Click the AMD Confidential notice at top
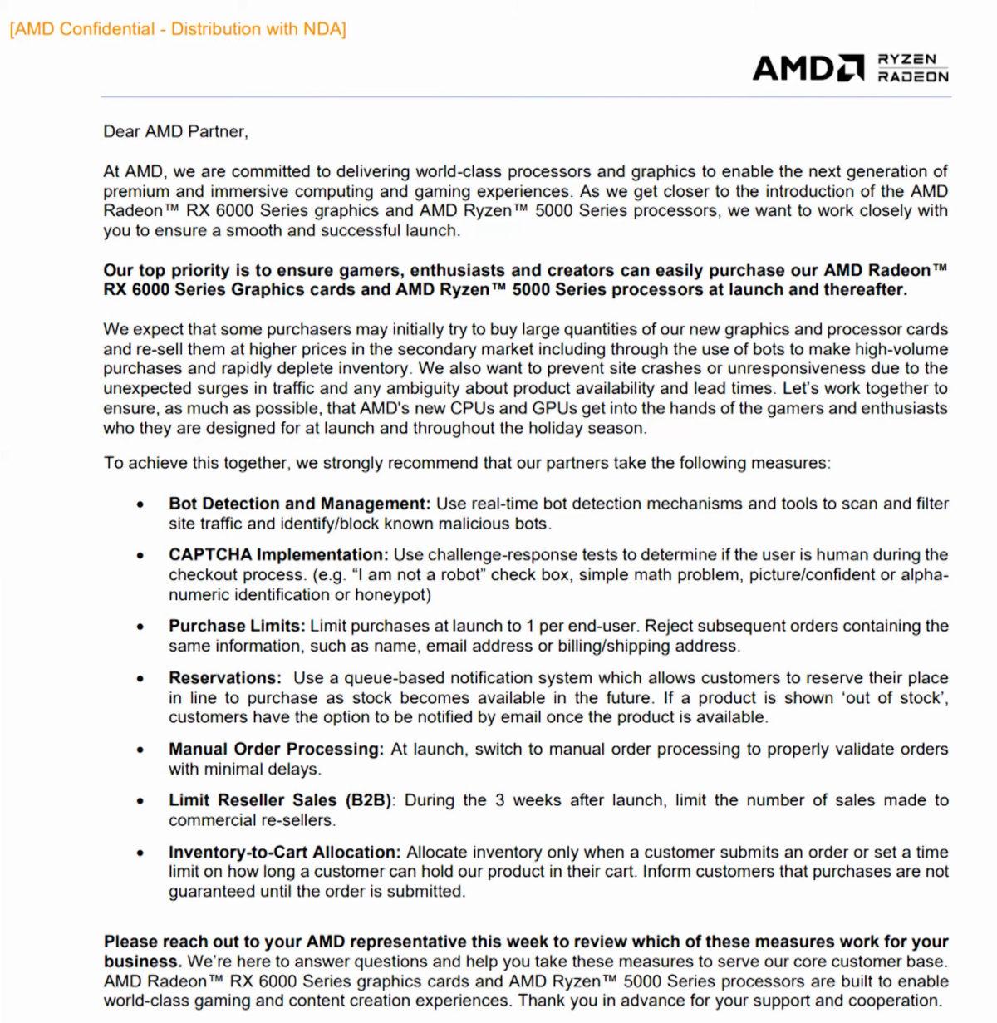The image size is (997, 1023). pos(177,29)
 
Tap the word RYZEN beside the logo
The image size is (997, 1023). pos(907,59)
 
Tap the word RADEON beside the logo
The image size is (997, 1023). pos(913,76)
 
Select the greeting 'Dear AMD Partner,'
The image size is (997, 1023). pos(175,131)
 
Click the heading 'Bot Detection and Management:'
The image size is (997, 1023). pos(299,504)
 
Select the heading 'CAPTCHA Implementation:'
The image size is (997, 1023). pos(278,555)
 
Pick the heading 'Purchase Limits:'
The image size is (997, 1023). pos(237,627)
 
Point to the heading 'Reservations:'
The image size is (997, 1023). pos(224,678)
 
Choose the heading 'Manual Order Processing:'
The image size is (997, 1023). pos(276,750)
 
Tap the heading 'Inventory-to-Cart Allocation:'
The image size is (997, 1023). pos(284,853)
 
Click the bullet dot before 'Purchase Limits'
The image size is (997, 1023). pos(140,627)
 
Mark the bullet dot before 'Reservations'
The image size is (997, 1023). pos(140,679)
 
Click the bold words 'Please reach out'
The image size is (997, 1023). pos(163,942)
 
